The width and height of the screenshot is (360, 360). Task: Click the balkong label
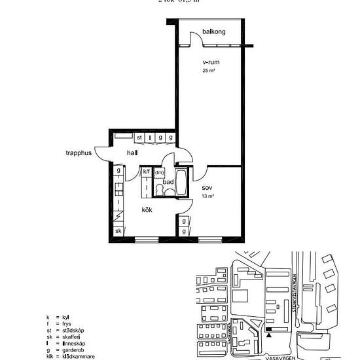pyautogui.click(x=214, y=32)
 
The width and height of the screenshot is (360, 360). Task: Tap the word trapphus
pyautogui.click(x=78, y=154)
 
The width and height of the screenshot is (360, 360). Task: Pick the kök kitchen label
pyautogui.click(x=148, y=210)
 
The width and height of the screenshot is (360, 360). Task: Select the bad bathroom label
pyautogui.click(x=168, y=182)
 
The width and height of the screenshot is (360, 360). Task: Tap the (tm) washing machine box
pyautogui.click(x=159, y=173)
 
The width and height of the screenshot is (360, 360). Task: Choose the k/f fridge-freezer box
pyautogui.click(x=147, y=172)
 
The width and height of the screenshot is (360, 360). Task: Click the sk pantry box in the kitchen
pyautogui.click(x=118, y=231)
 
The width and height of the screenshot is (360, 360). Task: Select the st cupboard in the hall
pyautogui.click(x=139, y=137)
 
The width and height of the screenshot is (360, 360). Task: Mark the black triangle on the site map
pyautogui.click(x=268, y=335)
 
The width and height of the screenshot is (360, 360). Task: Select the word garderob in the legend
pyautogui.click(x=78, y=350)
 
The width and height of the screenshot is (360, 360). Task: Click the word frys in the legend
pyautogui.click(x=67, y=323)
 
